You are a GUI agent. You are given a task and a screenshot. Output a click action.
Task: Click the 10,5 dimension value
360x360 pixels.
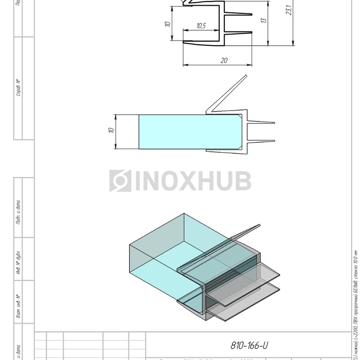coord(201,26)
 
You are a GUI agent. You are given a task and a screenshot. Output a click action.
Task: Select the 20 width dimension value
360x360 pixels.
coord(224,60)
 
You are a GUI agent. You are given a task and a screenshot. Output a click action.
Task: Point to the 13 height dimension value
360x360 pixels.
coord(264,21)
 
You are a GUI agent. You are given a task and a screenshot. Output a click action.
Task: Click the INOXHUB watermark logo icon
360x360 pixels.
coord(120,181)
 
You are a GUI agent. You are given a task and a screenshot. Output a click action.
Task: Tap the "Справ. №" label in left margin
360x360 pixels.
coord(18,88)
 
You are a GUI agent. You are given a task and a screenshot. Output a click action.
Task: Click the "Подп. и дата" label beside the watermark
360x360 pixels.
coord(18,212)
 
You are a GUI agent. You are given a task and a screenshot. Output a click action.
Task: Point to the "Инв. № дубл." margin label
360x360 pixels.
coord(18,263)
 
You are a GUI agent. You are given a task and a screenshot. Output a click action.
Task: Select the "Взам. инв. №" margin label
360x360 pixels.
coord(18,306)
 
